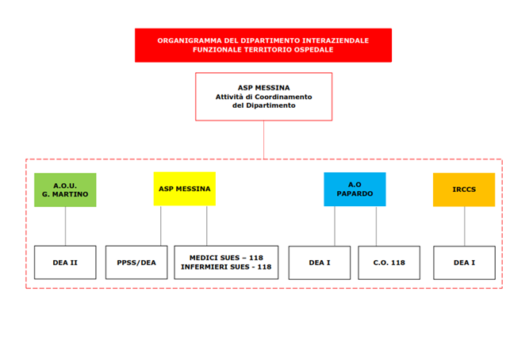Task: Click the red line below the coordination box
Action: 264,140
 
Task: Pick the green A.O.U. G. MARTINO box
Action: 65,190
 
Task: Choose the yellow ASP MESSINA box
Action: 185,189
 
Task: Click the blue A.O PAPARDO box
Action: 355,190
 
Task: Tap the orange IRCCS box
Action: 464,190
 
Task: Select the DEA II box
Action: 65,262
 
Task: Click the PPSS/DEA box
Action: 136,262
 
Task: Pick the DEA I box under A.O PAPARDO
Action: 320,262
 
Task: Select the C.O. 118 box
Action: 389,262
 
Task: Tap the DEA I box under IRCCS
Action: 465,262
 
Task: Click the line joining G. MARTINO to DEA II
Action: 65,226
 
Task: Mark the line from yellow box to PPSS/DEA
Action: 161,226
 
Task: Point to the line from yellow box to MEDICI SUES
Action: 206,226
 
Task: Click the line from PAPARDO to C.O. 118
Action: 376,226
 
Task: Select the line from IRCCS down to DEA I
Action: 465,226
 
